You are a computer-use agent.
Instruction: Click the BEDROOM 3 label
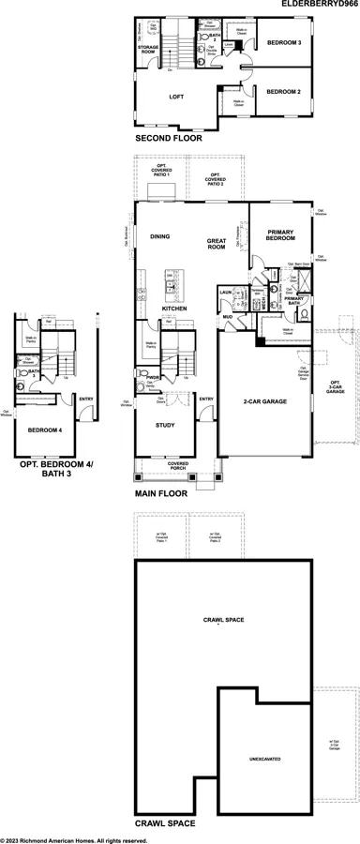click(282, 43)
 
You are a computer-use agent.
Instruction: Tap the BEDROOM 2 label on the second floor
click(282, 92)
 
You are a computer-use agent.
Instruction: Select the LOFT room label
click(176, 97)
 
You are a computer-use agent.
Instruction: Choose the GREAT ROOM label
click(217, 243)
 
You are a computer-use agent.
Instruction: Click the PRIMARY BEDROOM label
click(282, 235)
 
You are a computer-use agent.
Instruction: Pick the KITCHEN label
click(174, 309)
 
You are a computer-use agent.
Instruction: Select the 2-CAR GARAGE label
click(263, 401)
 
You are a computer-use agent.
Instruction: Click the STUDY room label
click(165, 424)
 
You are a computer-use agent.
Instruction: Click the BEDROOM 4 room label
click(45, 430)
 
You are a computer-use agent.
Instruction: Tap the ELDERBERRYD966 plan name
click(318, 5)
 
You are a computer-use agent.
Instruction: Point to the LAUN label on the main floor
click(225, 293)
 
